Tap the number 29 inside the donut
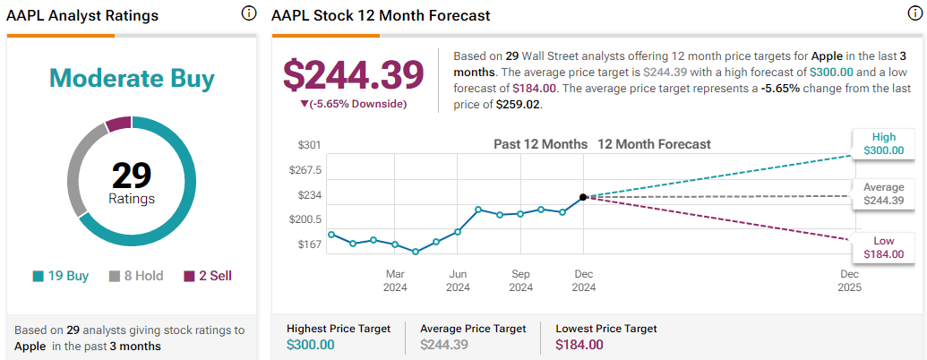click(133, 173)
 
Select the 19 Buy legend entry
click(61, 276)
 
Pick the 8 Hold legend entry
click(136, 276)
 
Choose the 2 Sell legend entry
click(208, 276)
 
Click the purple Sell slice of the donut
click(118, 124)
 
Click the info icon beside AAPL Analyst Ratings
click(248, 14)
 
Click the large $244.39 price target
click(353, 74)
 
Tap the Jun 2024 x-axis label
click(458, 280)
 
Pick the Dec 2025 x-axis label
click(849, 280)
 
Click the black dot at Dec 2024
click(583, 197)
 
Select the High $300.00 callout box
click(884, 143)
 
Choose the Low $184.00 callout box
click(884, 248)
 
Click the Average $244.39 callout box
click(884, 193)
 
